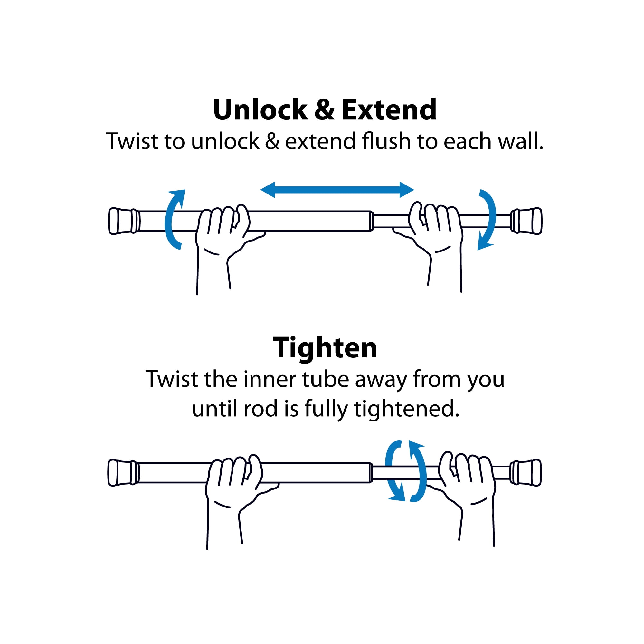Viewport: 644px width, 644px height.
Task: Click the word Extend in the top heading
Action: [389, 110]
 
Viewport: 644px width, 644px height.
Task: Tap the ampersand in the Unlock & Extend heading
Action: [324, 110]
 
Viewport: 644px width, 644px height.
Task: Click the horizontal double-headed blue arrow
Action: [337, 190]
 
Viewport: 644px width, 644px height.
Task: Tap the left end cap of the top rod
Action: [124, 221]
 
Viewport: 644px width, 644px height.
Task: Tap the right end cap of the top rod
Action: [527, 221]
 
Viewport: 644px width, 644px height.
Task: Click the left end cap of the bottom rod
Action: [123, 473]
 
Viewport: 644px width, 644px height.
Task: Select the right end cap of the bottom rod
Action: [526, 473]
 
